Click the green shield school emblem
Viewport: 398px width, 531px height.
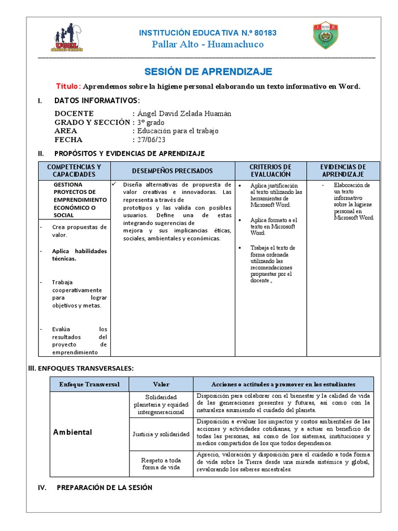(326, 36)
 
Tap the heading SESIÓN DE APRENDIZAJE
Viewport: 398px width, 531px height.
(207, 72)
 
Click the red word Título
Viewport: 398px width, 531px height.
(68, 86)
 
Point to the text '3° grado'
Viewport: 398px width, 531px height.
(150, 122)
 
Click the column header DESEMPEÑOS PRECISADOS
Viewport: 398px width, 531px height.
(172, 171)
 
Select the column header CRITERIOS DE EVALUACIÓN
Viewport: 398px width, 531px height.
(271, 171)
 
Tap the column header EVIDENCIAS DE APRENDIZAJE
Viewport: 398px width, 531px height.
(343, 171)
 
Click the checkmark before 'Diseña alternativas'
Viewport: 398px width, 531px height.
(115, 184)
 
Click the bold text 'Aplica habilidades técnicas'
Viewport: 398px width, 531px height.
(79, 255)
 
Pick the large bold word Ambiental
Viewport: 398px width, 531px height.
(73, 432)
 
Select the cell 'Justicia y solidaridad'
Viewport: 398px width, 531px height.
(161, 434)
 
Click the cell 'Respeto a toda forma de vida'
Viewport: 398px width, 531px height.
(161, 463)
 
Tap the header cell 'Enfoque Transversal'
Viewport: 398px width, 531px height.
(89, 384)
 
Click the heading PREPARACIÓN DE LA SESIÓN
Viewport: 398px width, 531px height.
(104, 487)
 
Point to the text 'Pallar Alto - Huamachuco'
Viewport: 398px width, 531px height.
(207, 44)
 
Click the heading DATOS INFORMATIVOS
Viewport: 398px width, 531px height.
(97, 100)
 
